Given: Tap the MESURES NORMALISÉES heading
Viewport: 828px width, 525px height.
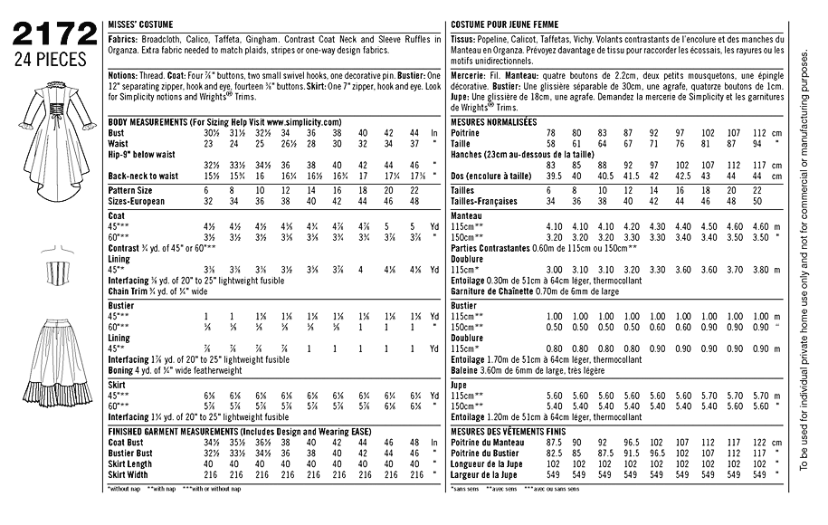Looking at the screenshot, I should click(x=492, y=121).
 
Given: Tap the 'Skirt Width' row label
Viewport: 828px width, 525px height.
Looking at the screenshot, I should click(x=129, y=474).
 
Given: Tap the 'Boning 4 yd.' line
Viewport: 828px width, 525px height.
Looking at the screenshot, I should click(x=185, y=370).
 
